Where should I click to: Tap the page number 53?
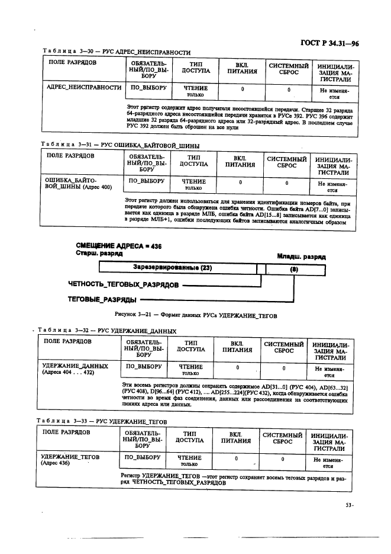348,505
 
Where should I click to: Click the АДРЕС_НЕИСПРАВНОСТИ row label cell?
80,88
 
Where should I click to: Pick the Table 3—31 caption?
119,145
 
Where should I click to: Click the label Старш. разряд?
99,253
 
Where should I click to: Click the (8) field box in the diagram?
294,269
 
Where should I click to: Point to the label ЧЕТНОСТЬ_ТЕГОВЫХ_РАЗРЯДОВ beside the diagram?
124,285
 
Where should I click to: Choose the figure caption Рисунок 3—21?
196,315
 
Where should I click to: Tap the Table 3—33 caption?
102,421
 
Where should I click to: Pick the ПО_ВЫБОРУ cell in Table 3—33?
140,457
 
